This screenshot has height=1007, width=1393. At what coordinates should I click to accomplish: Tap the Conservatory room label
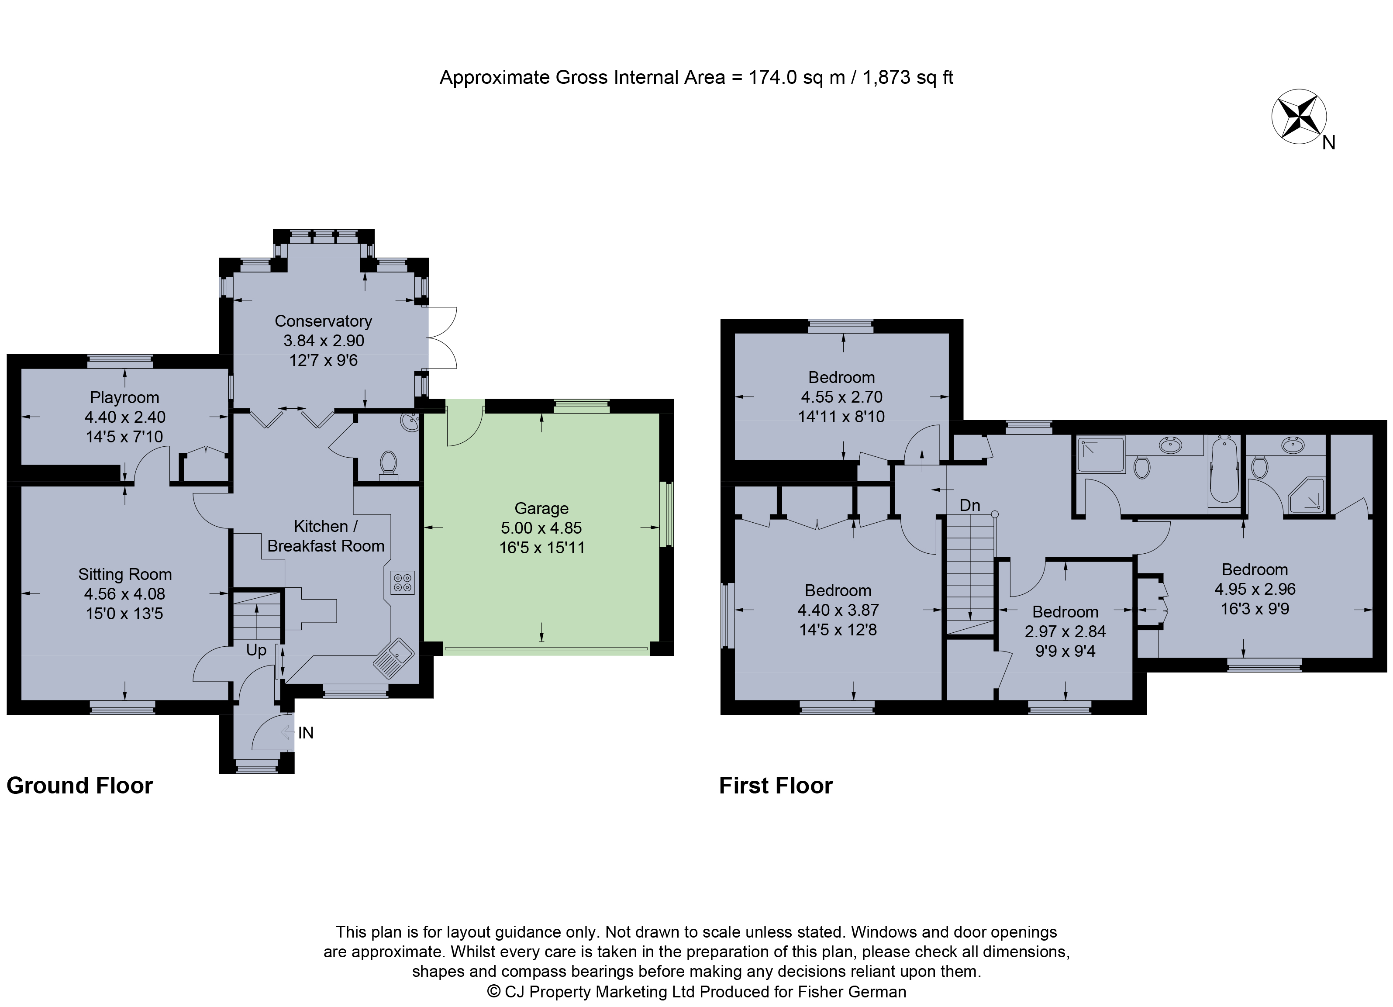[x=323, y=321]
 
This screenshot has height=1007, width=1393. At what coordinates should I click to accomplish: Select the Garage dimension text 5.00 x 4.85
[x=541, y=528]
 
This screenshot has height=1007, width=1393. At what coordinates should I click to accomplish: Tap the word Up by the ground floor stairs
[x=256, y=650]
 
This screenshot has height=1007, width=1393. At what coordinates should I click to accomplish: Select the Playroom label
[x=125, y=398]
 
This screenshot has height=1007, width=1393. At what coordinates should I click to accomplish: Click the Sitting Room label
[x=125, y=575]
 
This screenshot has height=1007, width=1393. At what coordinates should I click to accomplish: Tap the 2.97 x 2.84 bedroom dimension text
[x=1065, y=631]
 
